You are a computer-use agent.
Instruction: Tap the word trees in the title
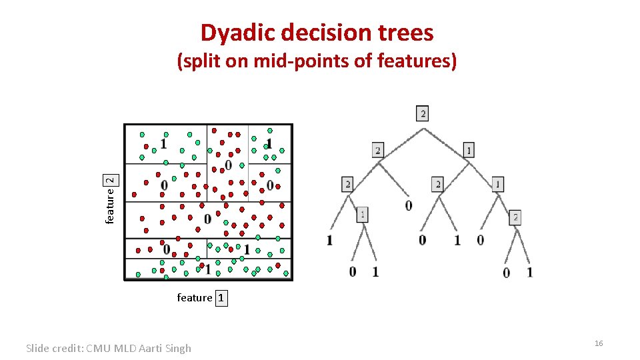[x=405, y=32]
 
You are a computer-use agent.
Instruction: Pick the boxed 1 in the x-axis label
[x=221, y=298]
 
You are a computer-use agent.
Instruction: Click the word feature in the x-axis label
[x=195, y=298]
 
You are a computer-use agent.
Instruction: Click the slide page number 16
[x=598, y=343]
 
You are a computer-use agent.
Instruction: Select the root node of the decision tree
[x=423, y=114]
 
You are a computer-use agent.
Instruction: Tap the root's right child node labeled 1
[x=469, y=151]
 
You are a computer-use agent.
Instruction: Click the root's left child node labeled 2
[x=378, y=151]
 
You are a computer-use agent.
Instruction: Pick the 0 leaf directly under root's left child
[x=408, y=205]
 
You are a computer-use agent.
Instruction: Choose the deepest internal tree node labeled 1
[x=361, y=215]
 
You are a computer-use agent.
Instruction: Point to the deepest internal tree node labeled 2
[x=515, y=217]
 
